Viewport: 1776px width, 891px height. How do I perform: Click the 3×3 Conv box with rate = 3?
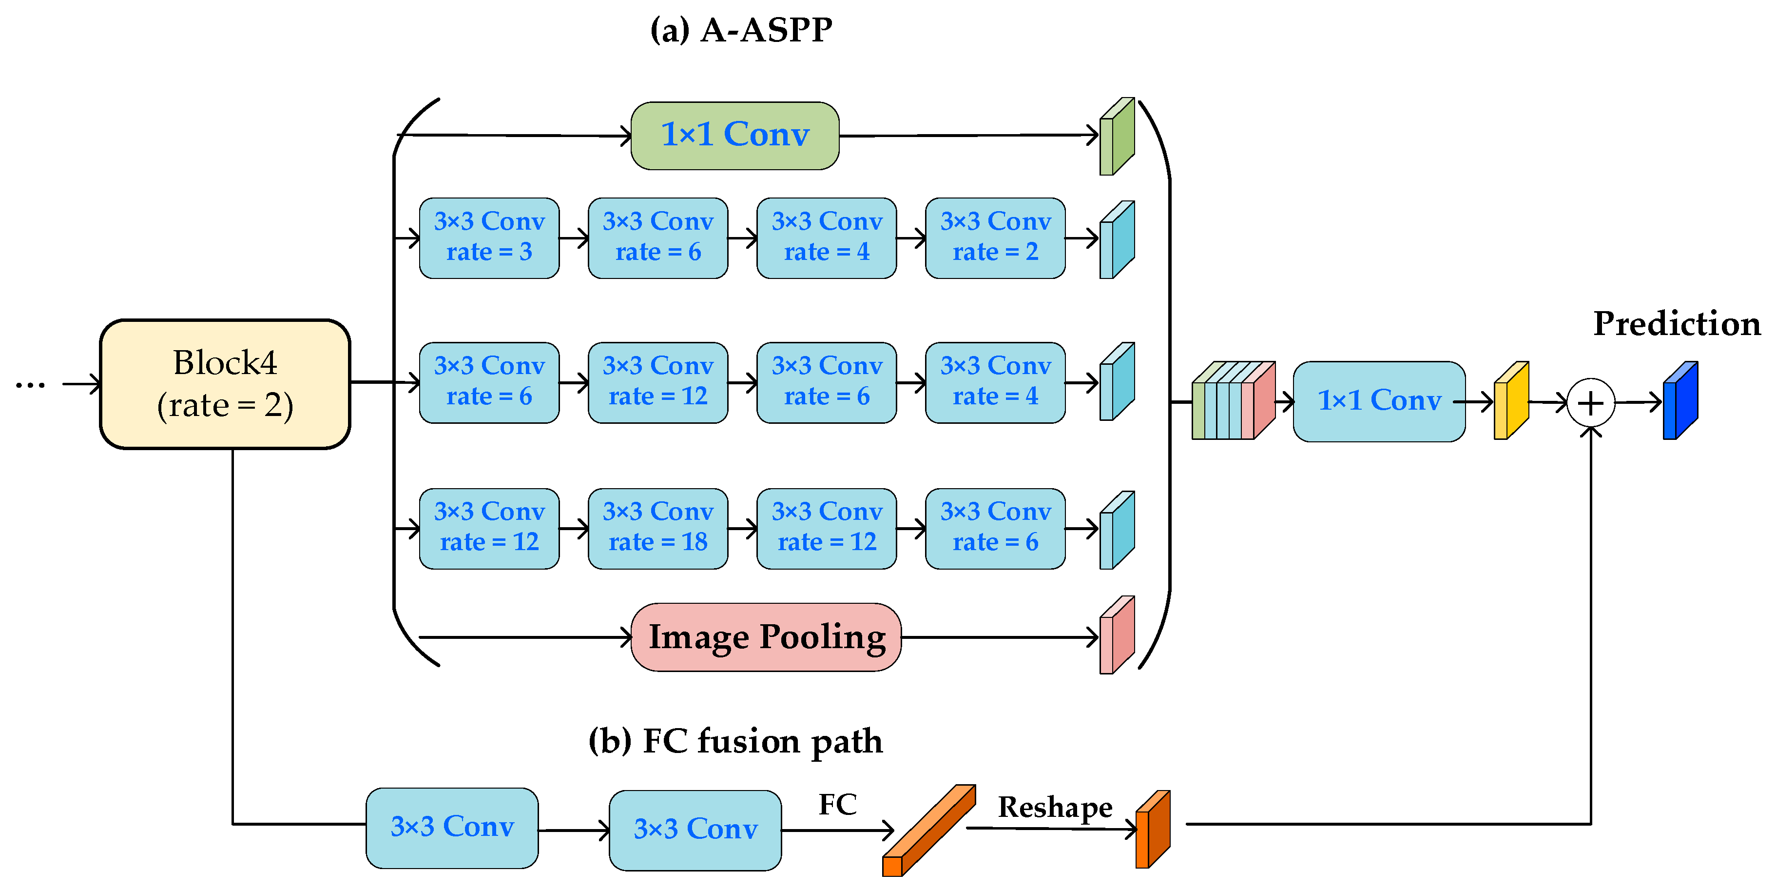pos(489,238)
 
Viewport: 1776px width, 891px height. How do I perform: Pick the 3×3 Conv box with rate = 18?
pos(658,528)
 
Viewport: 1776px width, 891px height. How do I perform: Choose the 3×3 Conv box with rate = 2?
pos(995,238)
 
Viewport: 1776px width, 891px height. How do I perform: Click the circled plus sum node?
pos(1590,403)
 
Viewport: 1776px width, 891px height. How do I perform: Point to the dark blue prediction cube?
pos(1679,401)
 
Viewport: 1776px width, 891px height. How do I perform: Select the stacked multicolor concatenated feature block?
pos(1232,401)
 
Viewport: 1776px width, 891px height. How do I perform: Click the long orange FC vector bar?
pos(928,831)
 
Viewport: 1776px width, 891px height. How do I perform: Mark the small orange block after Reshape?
pos(1153,830)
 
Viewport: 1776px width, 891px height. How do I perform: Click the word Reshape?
pos(1054,807)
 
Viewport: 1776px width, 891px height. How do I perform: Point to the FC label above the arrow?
pos(837,804)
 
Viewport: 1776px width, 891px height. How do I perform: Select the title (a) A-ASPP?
pos(741,30)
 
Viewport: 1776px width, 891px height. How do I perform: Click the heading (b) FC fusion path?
pos(735,741)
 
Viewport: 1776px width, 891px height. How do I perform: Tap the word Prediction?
pos(1676,323)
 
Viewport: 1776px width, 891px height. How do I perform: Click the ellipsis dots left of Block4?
pos(30,385)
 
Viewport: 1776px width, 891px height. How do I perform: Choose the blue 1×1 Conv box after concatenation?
pos(1379,401)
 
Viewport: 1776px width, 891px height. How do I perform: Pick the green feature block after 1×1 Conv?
pos(1116,137)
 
